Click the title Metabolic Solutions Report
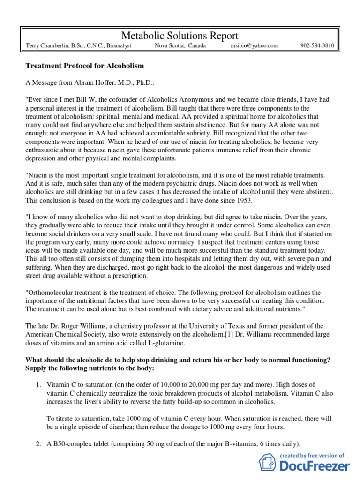pyautogui.click(x=180, y=36)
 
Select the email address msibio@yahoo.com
pyautogui.click(x=255, y=46)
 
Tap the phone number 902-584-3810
pyautogui.click(x=317, y=46)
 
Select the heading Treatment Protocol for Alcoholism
pyautogui.click(x=84, y=66)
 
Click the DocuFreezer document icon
pyautogui.click(x=269, y=463)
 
